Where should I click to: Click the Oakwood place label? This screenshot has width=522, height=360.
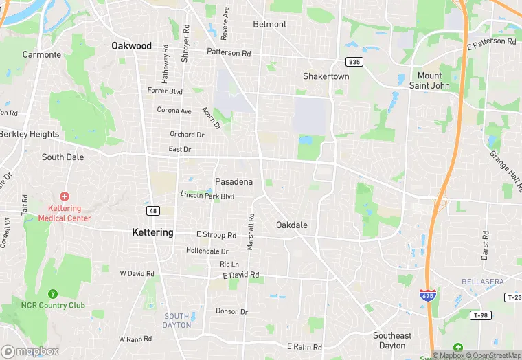[x=131, y=46]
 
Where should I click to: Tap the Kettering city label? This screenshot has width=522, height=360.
[x=152, y=232]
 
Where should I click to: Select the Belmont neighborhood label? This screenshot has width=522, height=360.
[x=270, y=24]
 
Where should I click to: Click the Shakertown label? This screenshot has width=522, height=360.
[x=326, y=76]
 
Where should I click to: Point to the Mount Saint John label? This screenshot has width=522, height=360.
[x=430, y=80]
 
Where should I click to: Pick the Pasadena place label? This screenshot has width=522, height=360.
[x=234, y=182]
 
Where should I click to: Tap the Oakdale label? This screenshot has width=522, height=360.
[x=292, y=225]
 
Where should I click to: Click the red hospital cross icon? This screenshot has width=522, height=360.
[x=65, y=196]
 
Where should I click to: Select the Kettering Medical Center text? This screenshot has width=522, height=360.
[x=65, y=213]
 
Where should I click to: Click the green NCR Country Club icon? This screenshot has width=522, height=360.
[x=53, y=294]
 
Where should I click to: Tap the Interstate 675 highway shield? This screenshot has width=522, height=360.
[x=427, y=295]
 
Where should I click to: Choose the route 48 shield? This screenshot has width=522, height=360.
[x=152, y=210]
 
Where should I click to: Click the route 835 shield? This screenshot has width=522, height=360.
[x=354, y=62]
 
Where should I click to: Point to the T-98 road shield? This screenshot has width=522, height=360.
[x=480, y=315]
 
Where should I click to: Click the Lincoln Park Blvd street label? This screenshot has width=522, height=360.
[x=207, y=196]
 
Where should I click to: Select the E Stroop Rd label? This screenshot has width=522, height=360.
[x=216, y=235]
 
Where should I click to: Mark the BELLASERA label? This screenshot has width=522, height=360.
[x=482, y=282]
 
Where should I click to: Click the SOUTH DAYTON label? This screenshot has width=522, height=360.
[x=177, y=320]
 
